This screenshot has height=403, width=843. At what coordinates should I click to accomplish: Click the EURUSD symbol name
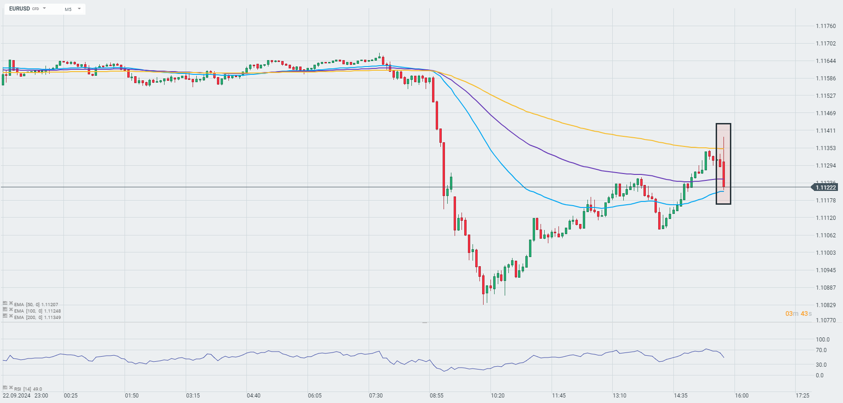pos(19,9)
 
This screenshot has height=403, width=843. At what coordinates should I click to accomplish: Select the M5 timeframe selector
pos(68,9)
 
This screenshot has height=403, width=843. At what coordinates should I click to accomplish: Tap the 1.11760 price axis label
pos(826,26)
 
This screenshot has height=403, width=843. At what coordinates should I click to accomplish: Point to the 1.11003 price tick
pos(826,253)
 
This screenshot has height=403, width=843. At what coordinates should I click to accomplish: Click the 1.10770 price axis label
pos(826,320)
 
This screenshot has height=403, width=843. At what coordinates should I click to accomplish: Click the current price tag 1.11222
pos(825,187)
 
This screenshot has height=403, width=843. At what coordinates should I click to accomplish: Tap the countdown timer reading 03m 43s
pos(798,313)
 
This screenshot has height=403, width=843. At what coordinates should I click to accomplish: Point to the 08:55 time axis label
pos(437,396)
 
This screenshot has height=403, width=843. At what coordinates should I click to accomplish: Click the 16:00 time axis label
pos(741,396)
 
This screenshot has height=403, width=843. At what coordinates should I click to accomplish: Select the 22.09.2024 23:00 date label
pos(25,396)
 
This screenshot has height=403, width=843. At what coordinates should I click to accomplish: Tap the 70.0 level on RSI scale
pos(821,350)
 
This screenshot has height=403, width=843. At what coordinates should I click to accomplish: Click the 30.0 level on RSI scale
pos(821,365)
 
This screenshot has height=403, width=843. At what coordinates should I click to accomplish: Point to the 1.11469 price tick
pos(826,113)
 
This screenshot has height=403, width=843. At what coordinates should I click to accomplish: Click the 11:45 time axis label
pos(559,396)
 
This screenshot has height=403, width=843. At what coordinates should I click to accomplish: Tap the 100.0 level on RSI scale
pos(822,340)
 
